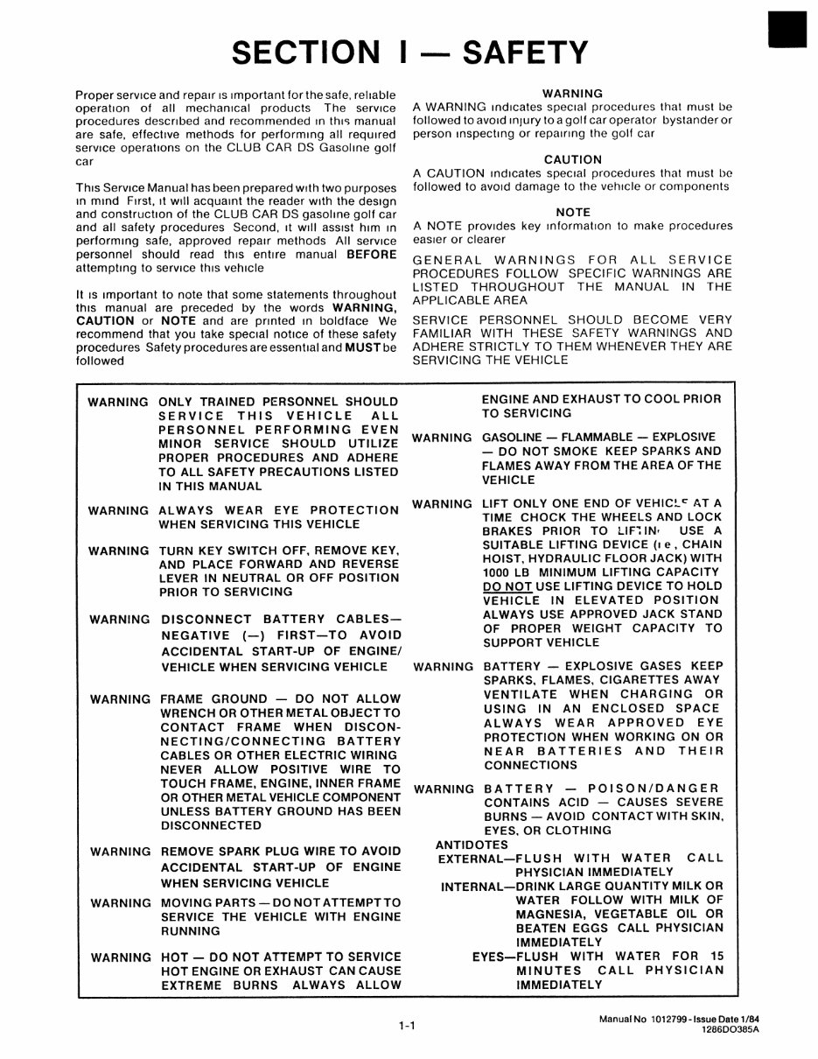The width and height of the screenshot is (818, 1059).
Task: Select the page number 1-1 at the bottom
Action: click(404, 1027)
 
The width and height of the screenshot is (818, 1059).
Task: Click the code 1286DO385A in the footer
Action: click(731, 1031)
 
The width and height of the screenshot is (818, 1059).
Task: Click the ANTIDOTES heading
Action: click(472, 845)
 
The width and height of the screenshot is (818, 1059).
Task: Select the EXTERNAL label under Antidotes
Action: click(472, 859)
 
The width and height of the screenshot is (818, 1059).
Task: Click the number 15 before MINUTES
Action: click(717, 957)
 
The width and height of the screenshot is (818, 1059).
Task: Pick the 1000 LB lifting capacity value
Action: click(506, 572)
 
